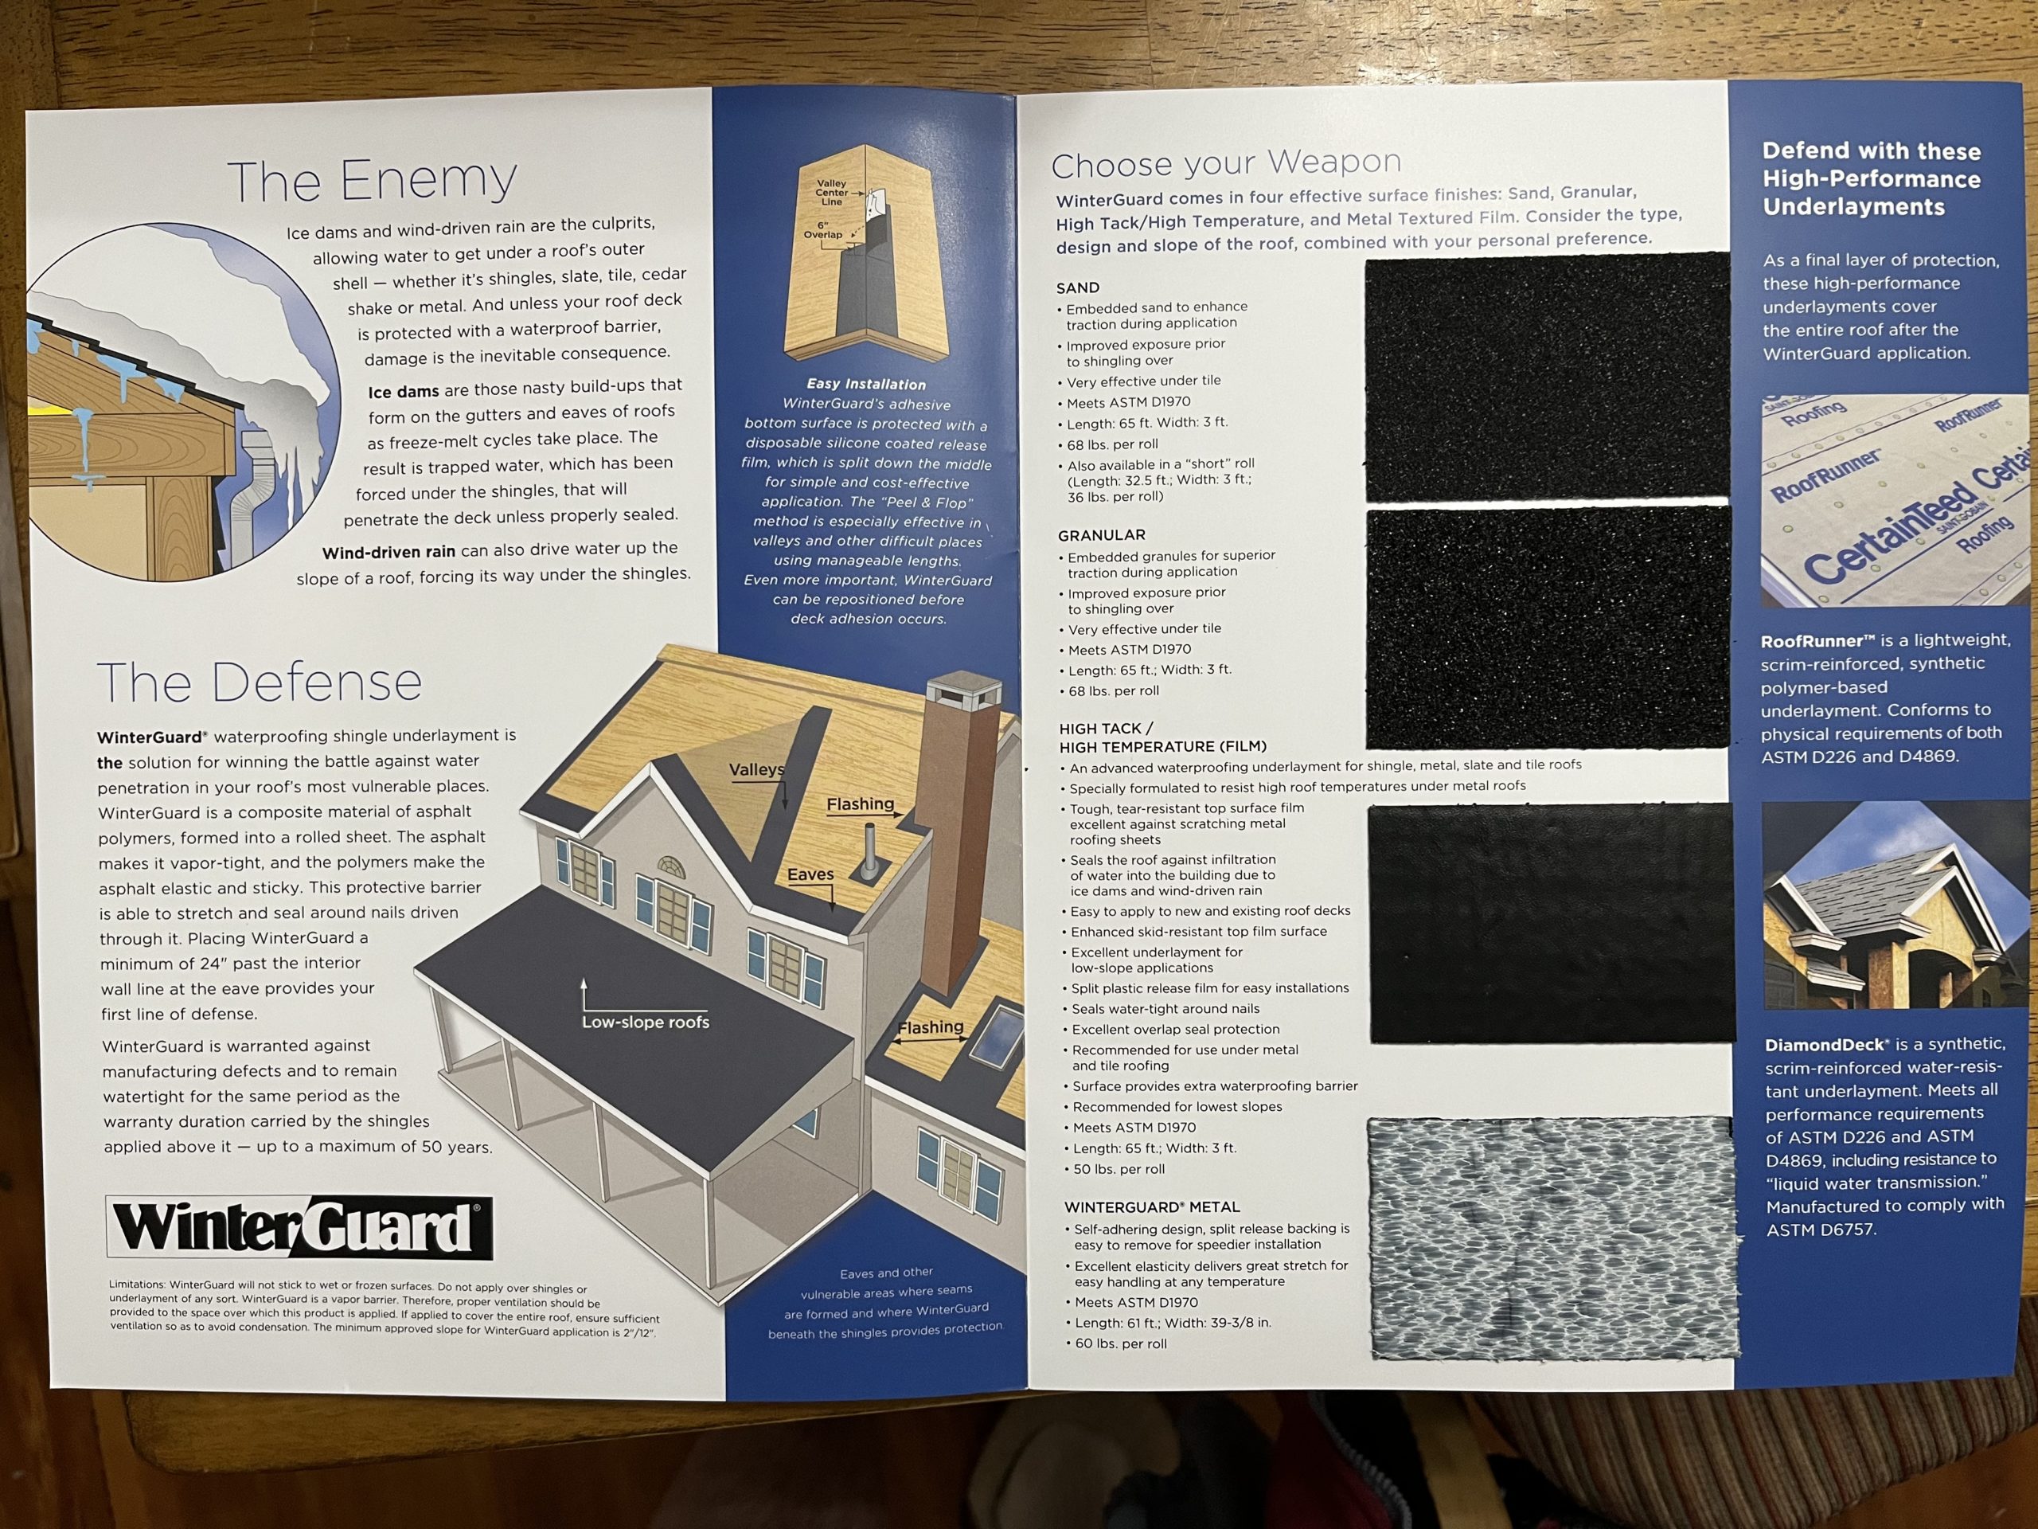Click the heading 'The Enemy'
373,181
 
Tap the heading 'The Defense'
259,682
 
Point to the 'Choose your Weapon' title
1226,163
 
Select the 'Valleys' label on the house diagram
756,769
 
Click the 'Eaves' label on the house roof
810,874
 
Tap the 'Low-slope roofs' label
645,1022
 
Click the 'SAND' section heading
1078,287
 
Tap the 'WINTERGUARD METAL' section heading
1153,1207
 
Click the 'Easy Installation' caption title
866,385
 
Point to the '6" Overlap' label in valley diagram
822,229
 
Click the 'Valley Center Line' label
831,193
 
